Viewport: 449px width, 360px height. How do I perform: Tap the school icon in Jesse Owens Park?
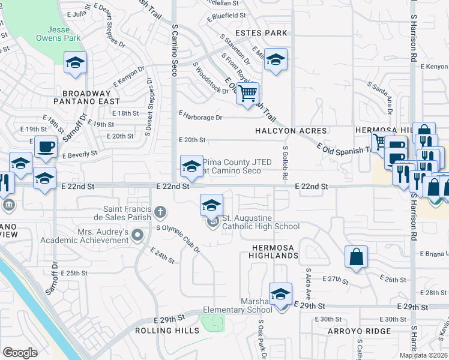(76, 62)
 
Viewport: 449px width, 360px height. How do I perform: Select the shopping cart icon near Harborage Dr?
(247, 94)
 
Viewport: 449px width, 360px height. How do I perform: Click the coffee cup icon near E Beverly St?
(45, 146)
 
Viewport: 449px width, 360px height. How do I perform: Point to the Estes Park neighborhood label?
(262, 33)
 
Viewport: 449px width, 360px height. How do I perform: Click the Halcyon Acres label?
(291, 131)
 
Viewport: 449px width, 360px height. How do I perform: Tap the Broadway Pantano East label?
(86, 98)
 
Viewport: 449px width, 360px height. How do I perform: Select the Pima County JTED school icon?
(191, 166)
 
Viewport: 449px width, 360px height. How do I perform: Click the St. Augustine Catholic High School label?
(261, 222)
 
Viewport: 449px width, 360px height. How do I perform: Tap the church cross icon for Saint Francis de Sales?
(159, 211)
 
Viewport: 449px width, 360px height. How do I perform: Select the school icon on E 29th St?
(280, 295)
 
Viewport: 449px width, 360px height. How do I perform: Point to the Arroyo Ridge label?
(359, 331)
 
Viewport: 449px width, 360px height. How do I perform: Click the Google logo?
(20, 353)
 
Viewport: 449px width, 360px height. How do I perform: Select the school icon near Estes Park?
(276, 60)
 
